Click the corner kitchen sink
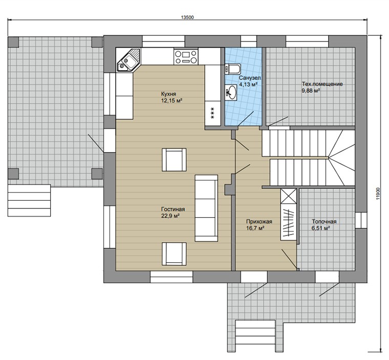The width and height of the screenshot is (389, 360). [128, 60]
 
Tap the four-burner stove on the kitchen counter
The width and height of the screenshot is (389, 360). [186, 57]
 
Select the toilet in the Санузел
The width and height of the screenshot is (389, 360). [232, 69]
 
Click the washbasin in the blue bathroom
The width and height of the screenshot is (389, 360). [231, 92]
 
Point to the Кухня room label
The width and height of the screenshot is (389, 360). [168, 94]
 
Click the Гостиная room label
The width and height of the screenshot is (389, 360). [173, 209]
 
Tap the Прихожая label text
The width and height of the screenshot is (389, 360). [259, 222]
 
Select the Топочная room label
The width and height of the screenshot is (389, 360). [324, 221]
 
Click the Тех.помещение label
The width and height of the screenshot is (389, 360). [322, 84]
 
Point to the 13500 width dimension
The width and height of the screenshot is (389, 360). [187, 17]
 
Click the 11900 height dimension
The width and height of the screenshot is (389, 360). [378, 193]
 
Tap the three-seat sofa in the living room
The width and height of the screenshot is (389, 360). [206, 208]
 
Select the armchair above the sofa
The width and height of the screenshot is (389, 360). [174, 160]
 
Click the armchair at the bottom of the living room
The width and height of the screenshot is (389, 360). [174, 254]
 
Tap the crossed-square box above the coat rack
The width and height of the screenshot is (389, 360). [289, 196]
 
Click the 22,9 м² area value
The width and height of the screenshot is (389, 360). [170, 216]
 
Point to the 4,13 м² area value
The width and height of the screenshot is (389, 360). [248, 84]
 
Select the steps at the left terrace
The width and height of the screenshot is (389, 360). [29, 200]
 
